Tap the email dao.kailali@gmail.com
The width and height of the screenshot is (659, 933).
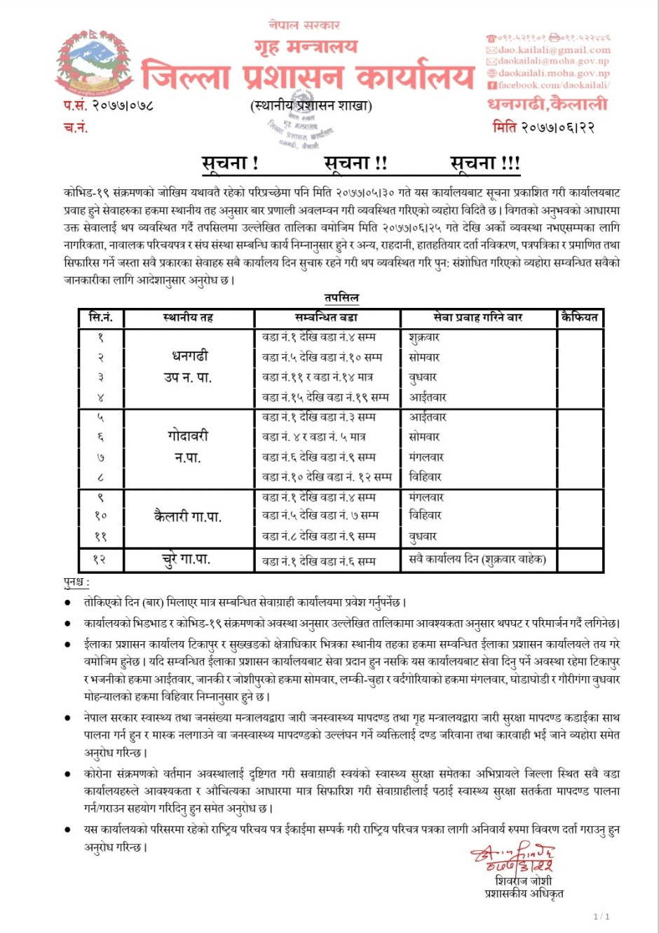553,51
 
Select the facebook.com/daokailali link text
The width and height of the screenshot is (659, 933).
553,85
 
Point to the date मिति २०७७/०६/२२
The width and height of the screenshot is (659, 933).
543,127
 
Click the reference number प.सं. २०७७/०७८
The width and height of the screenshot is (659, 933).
109,106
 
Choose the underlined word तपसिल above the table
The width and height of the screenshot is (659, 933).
341,297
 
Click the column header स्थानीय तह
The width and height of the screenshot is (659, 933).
188,318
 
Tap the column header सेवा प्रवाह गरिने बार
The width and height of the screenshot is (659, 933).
478,318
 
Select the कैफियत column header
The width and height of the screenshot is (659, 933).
580,318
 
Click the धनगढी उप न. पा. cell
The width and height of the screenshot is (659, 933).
188,366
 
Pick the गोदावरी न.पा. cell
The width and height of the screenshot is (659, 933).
188,446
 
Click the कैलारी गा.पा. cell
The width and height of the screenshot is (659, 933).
188,517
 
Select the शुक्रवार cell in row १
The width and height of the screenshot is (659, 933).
425,337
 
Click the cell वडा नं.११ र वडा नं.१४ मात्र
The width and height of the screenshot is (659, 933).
318,377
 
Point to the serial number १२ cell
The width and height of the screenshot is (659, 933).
100,560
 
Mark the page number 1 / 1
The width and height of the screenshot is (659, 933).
602,916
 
